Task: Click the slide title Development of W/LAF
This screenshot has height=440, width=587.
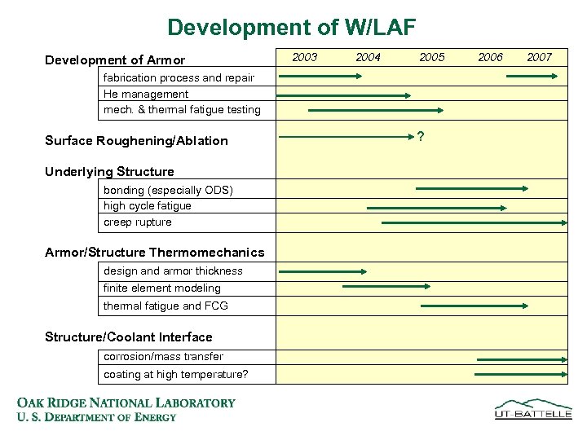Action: click(291, 28)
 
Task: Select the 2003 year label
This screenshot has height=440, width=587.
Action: click(304, 57)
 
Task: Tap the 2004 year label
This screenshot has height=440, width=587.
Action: click(368, 57)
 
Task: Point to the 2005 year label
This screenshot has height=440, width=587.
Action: click(431, 57)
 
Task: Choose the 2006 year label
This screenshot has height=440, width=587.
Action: click(490, 57)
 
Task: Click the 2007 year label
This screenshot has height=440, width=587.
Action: click(539, 57)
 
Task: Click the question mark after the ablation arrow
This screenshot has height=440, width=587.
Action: click(420, 136)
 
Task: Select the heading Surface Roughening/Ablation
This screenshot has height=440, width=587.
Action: click(136, 140)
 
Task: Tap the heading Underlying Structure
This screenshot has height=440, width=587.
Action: click(109, 172)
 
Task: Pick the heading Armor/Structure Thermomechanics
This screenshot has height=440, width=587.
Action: click(155, 253)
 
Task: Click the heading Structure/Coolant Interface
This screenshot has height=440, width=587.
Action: click(129, 337)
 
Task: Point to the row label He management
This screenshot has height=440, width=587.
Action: click(146, 94)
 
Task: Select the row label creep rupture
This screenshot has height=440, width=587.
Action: click(138, 222)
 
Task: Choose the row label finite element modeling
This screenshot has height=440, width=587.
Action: click(162, 288)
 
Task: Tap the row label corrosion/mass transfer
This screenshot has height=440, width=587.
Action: click(163, 356)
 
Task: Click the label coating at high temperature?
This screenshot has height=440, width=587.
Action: click(176, 375)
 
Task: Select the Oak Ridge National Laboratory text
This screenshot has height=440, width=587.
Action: click(126, 403)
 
